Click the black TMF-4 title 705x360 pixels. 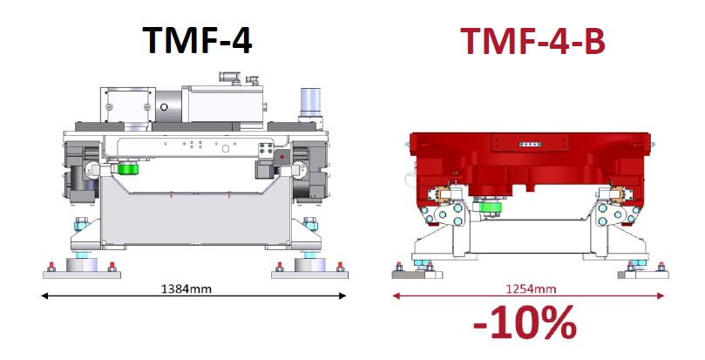click(x=197, y=39)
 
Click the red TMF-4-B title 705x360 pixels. click(x=532, y=39)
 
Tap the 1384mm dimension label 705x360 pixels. click(x=186, y=289)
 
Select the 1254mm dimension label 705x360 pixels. click(x=531, y=289)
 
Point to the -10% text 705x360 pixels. click(x=525, y=323)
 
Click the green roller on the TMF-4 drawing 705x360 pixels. click(x=128, y=169)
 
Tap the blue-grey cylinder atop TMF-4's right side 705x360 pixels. click(x=310, y=102)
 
